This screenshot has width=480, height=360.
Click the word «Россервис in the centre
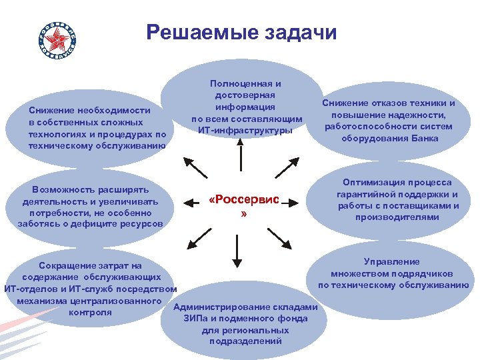coord(247,200)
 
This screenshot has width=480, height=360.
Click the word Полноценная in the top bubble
coord(245,83)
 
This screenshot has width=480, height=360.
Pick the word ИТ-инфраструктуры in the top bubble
coord(245,130)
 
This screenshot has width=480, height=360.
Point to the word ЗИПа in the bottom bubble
coord(197,318)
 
